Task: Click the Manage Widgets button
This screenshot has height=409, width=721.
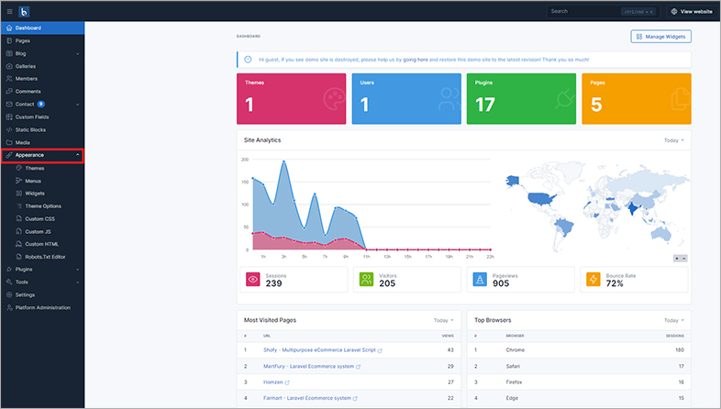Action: (660, 37)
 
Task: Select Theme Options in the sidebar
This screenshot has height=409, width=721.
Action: (43, 206)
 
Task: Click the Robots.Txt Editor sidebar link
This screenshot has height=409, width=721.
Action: (46, 257)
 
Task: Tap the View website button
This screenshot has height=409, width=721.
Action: (692, 11)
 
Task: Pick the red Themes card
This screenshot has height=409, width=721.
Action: (292, 98)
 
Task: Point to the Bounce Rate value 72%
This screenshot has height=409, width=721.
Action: (615, 284)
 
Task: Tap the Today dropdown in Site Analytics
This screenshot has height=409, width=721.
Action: (674, 140)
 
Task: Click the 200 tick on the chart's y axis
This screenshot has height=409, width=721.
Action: (245, 160)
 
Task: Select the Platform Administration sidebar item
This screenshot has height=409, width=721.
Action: (43, 307)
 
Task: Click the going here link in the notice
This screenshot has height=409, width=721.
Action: (409, 59)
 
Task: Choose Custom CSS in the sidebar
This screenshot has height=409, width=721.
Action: (39, 219)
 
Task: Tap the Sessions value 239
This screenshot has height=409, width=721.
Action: (273, 284)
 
